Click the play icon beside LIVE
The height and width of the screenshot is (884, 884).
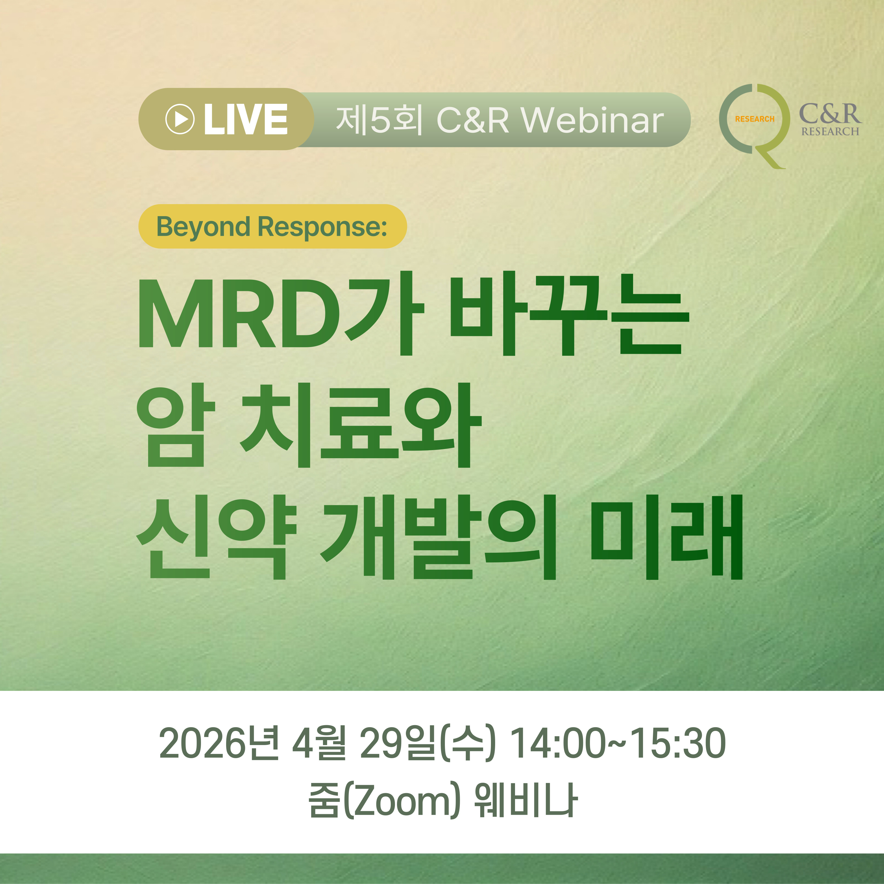180,119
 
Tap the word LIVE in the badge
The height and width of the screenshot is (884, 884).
246,119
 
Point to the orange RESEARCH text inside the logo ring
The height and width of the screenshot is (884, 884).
754,119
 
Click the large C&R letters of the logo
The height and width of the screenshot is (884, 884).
830,114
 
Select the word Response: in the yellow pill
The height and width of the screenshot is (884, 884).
323,226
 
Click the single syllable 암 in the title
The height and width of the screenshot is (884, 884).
176,426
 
